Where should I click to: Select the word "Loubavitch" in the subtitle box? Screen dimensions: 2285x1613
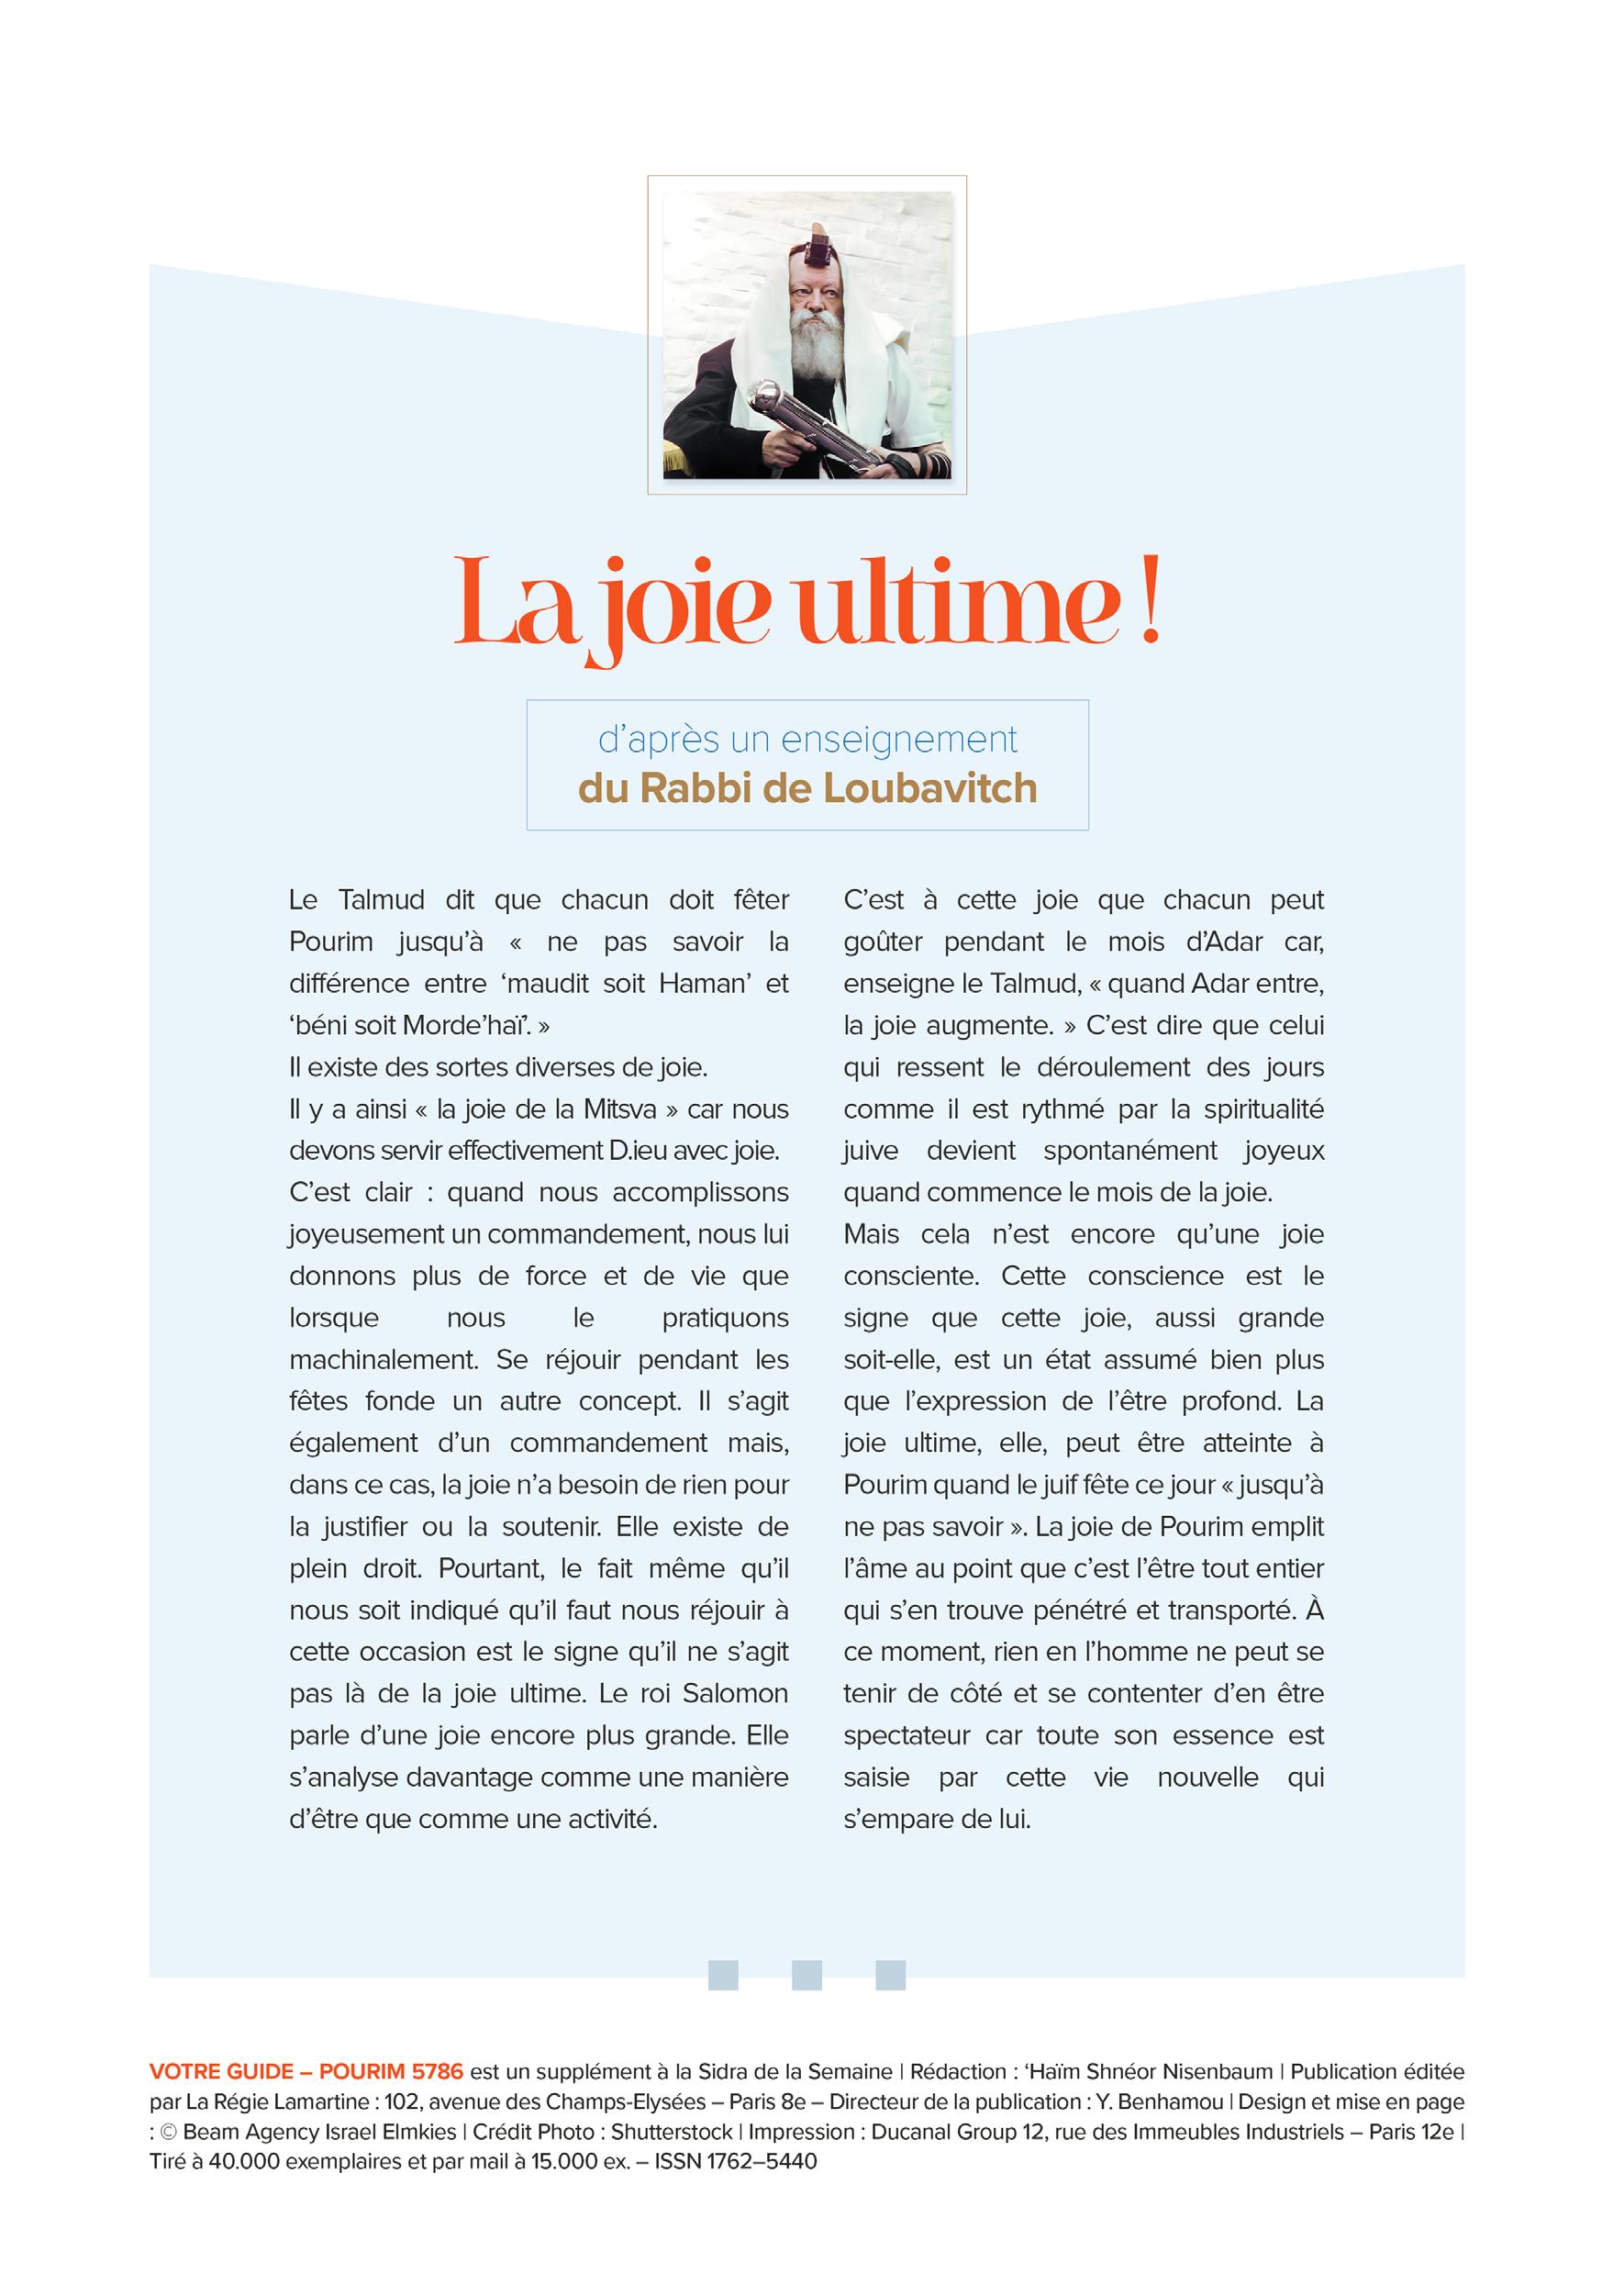[x=930, y=788]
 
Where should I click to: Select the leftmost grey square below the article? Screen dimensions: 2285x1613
[x=722, y=1975]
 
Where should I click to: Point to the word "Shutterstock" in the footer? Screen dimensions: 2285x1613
[x=672, y=2131]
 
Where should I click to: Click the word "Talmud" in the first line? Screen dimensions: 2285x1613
[x=380, y=899]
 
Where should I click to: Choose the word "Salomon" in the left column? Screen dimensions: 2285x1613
[x=732, y=1693]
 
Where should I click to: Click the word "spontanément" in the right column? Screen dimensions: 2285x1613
[x=1129, y=1151]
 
